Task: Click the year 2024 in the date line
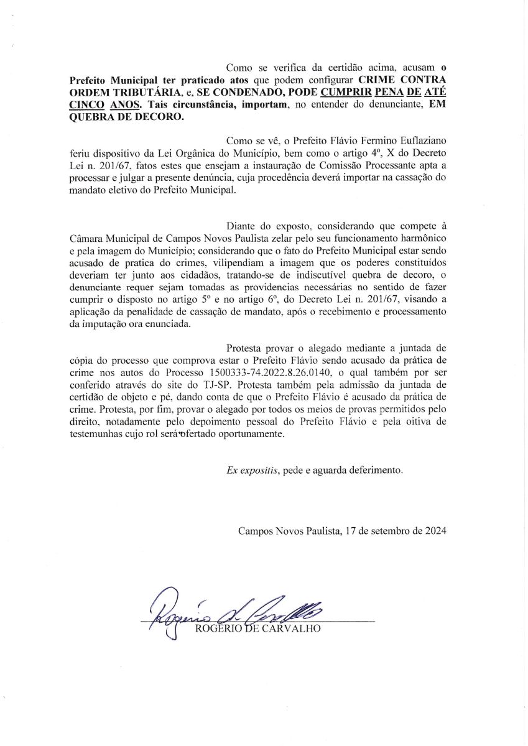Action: pos(433,531)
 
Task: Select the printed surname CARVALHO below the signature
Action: pos(294,629)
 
